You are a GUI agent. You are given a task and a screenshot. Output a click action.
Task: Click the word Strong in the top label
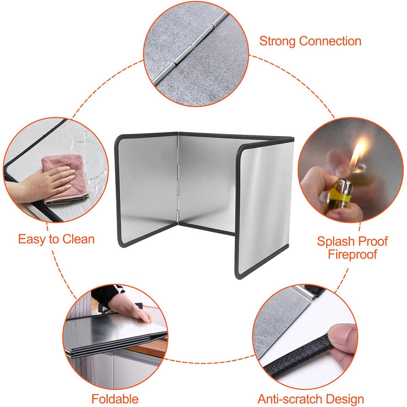pos(277,41)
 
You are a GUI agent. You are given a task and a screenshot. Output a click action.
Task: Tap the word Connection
pos(330,41)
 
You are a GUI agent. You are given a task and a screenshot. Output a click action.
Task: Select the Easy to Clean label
pos(56,239)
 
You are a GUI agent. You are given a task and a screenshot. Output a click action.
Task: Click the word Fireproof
pos(352,254)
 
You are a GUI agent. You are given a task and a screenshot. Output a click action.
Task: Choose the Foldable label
pos(115,399)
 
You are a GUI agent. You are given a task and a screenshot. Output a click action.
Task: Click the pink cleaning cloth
pos(66,178)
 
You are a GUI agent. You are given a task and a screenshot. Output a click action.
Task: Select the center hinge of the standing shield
pos(178,177)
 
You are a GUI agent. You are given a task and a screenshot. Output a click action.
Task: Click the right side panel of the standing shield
pos(265,208)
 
